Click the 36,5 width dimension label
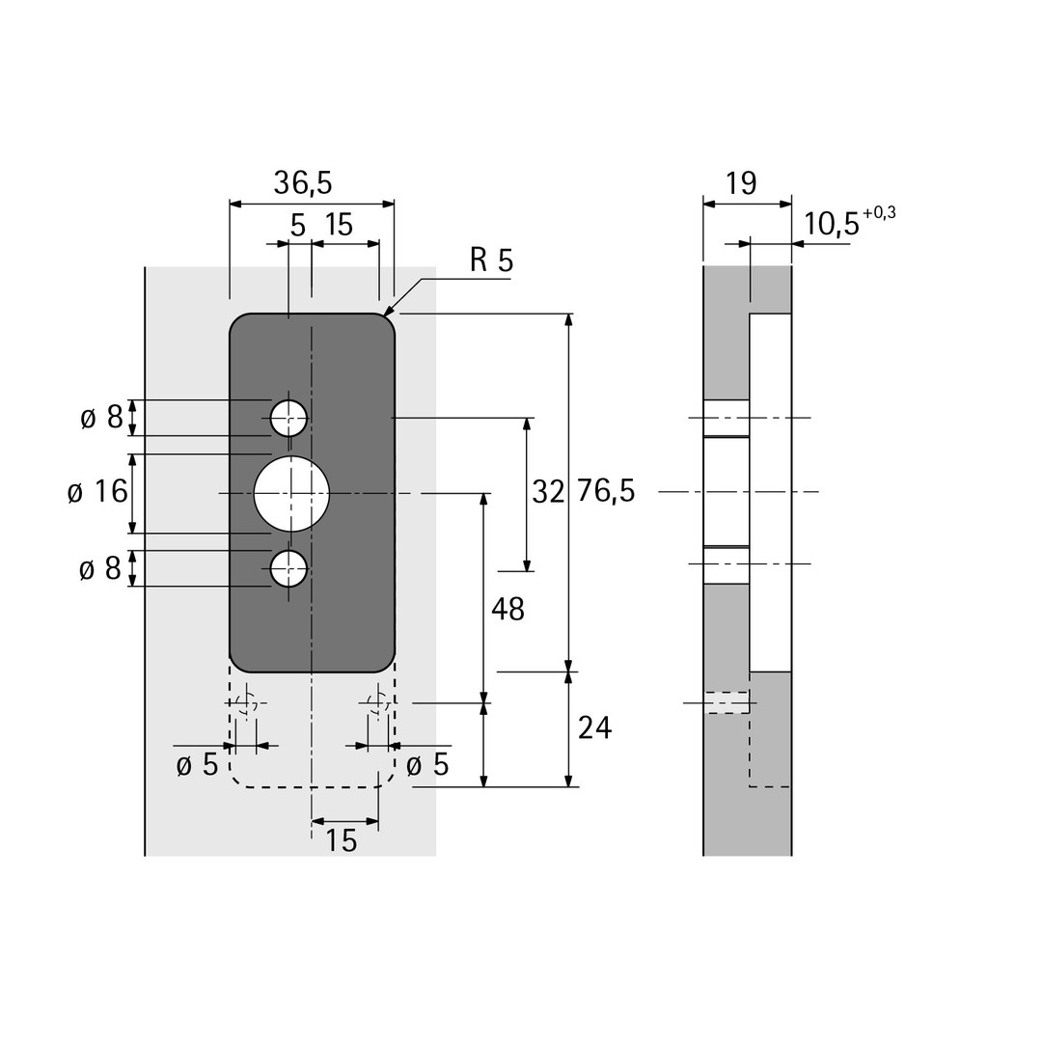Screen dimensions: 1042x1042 pos(302,182)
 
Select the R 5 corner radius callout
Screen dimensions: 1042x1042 pos(492,260)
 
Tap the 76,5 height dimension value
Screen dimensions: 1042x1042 pos(606,491)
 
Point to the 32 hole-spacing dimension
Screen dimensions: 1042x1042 pos(548,492)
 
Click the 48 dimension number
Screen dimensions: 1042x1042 pos(507,609)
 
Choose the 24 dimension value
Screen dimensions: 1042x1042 pos(594,728)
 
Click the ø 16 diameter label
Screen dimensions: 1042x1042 pos(97,492)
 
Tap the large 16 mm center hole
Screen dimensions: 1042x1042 pos(291,493)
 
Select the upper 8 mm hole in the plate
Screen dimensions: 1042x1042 pos(289,419)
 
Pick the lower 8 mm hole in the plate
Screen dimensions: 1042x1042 pos(289,569)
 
